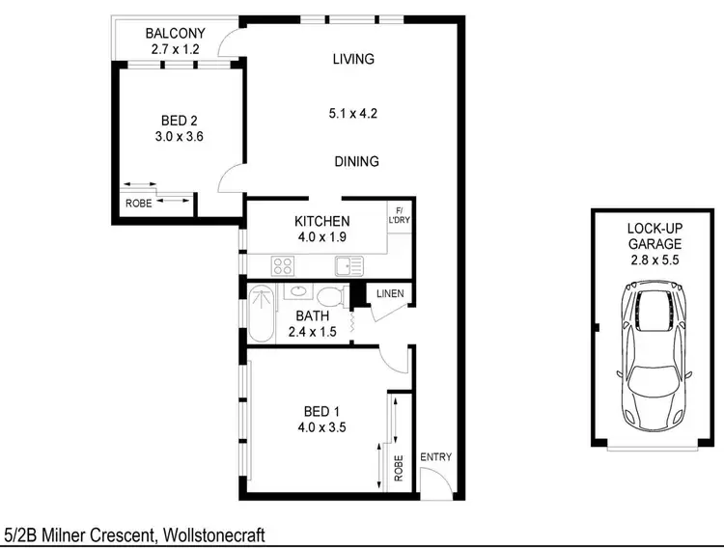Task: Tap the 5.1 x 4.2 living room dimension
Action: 352,113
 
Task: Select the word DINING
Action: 356,161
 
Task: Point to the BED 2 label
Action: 180,121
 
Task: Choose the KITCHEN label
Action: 322,222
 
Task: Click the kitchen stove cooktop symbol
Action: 282,264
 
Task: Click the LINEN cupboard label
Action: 389,294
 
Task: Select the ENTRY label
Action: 435,457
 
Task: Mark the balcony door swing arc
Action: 228,43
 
